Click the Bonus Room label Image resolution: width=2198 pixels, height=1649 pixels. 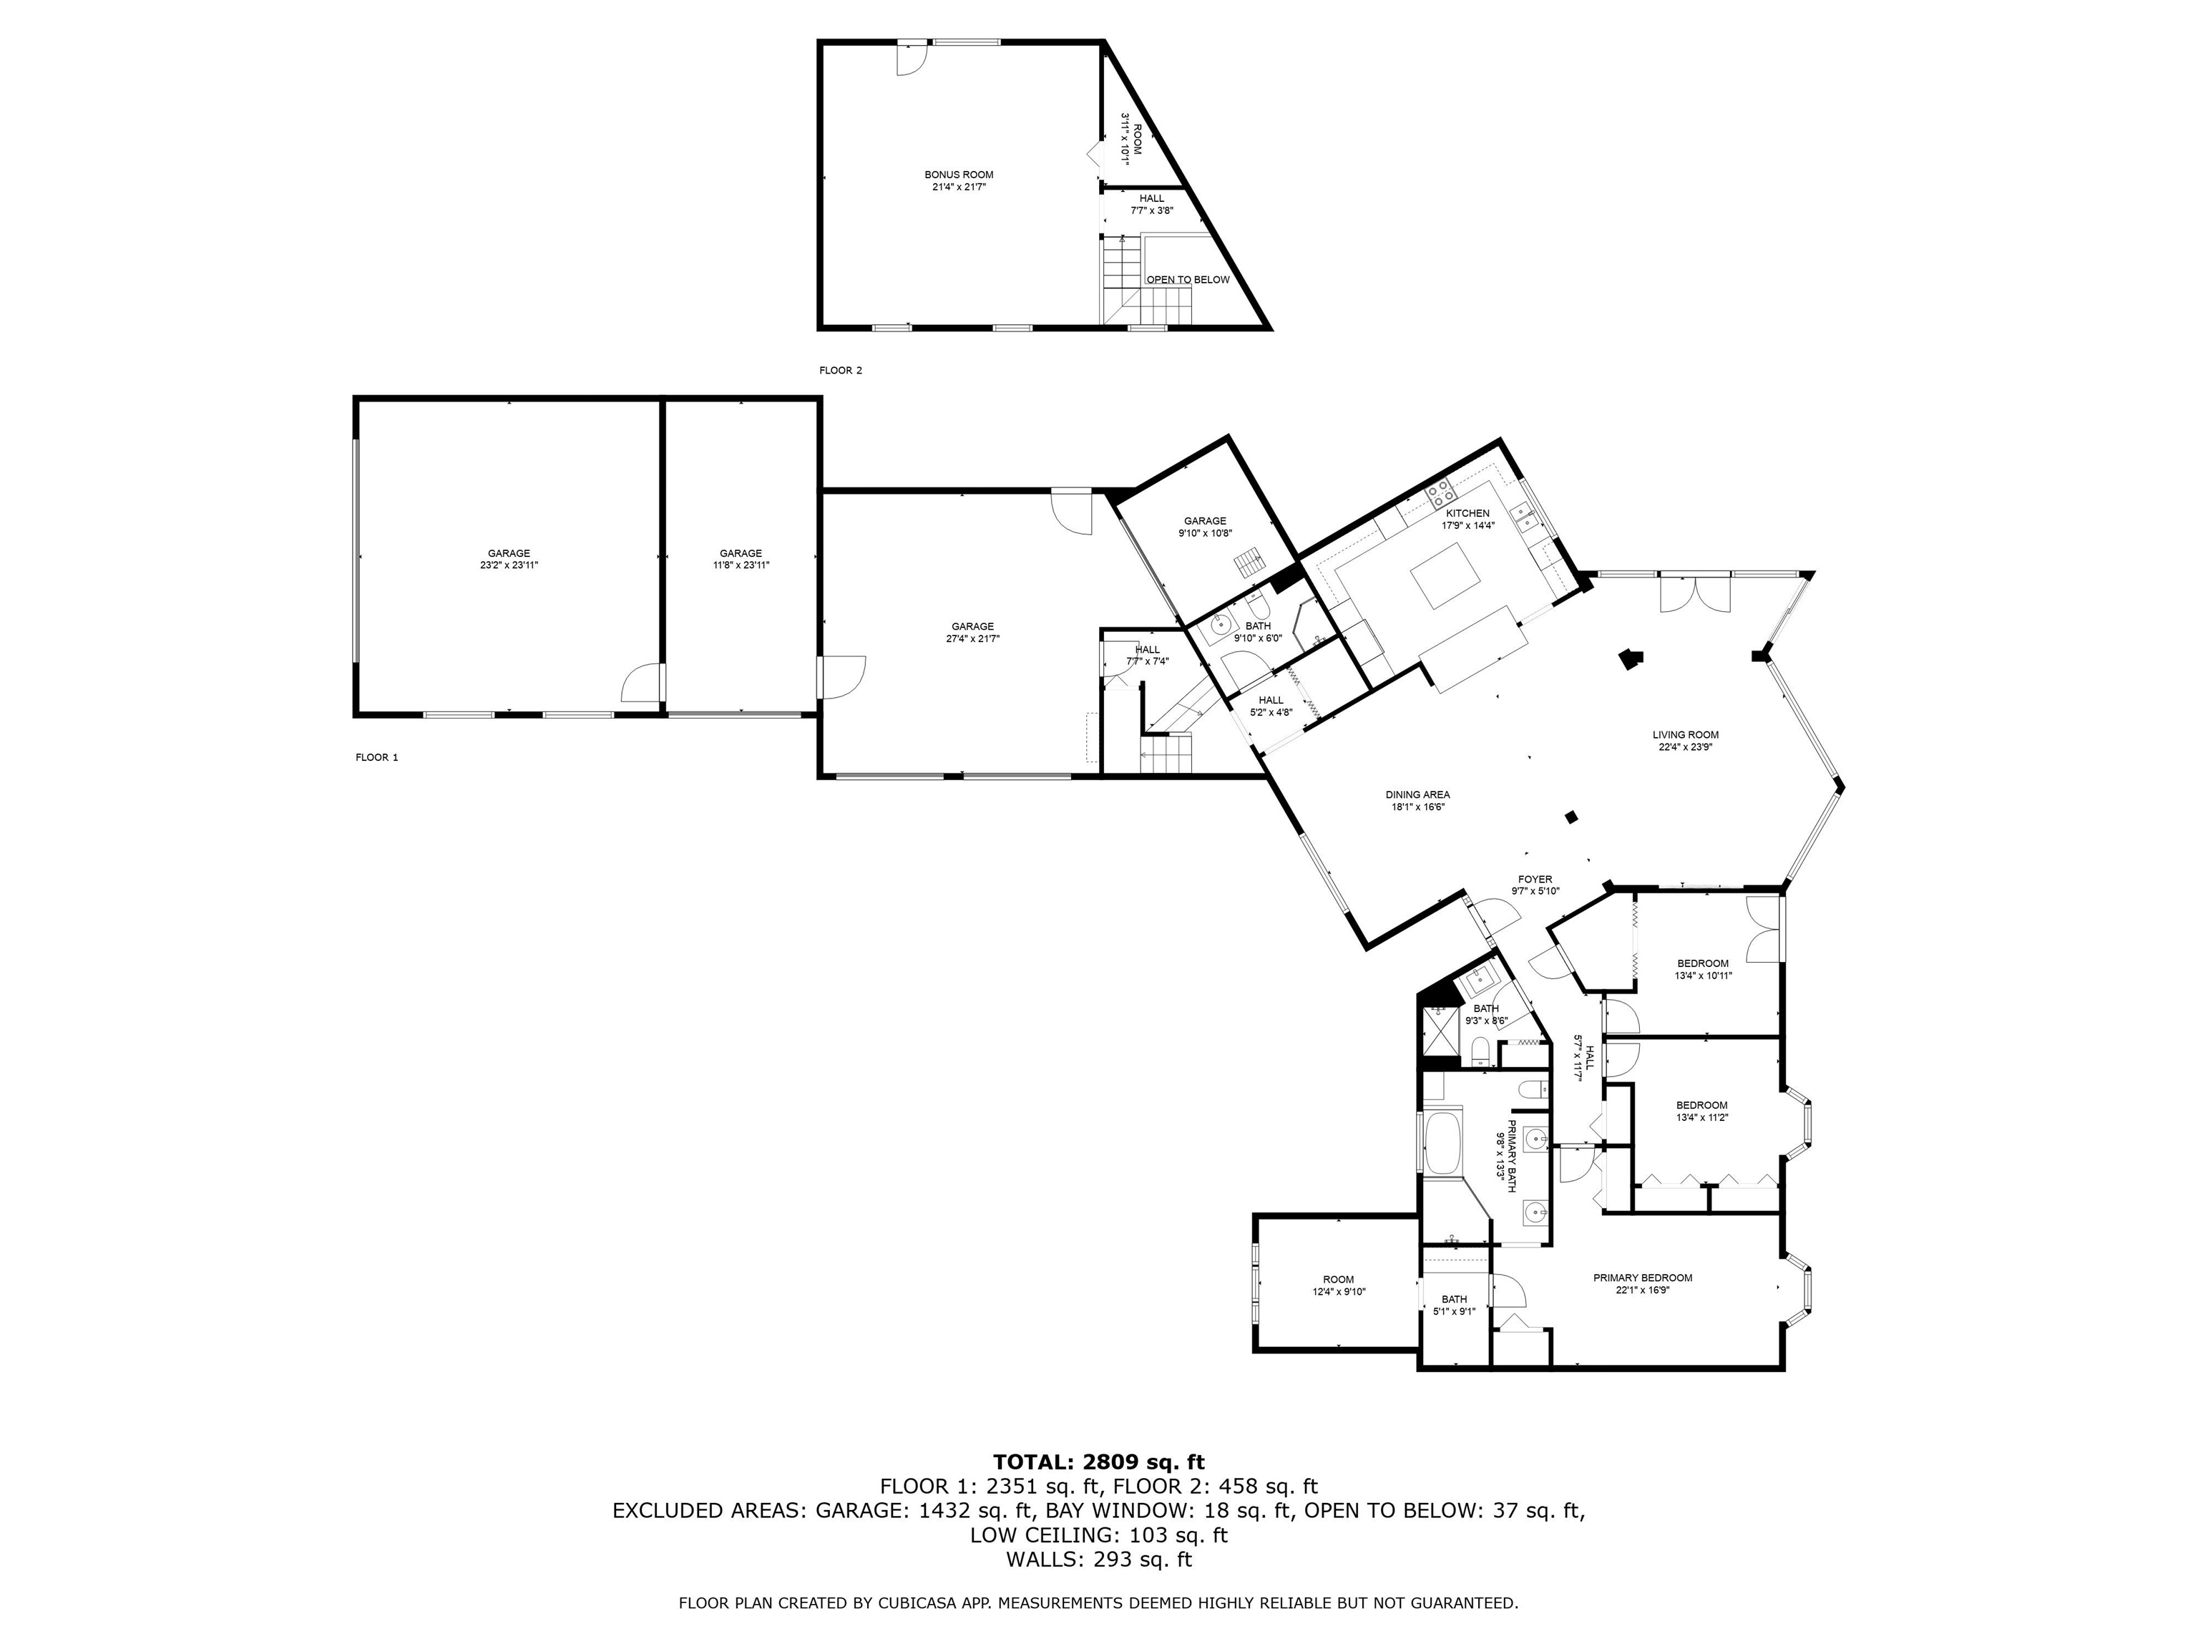[959, 175]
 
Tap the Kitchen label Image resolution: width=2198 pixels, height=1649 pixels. [1467, 513]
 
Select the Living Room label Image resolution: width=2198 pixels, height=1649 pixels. [1685, 736]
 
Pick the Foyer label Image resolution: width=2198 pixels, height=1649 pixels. [1535, 880]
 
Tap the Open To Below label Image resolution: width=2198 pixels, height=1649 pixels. [1188, 279]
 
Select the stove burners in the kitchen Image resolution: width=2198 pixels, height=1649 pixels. [1440, 490]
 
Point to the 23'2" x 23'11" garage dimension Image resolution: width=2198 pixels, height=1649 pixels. [509, 565]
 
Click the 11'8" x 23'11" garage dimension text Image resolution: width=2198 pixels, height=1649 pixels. [741, 565]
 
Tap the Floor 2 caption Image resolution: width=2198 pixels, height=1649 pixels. [841, 371]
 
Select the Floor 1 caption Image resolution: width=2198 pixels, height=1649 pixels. [376, 757]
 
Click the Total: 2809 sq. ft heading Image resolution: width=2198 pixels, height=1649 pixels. [1099, 1461]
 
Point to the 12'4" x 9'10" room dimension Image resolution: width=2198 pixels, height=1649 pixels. [1339, 1292]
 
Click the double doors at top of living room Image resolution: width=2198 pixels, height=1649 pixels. [1695, 593]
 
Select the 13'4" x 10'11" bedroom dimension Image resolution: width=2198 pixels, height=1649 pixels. [1703, 976]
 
